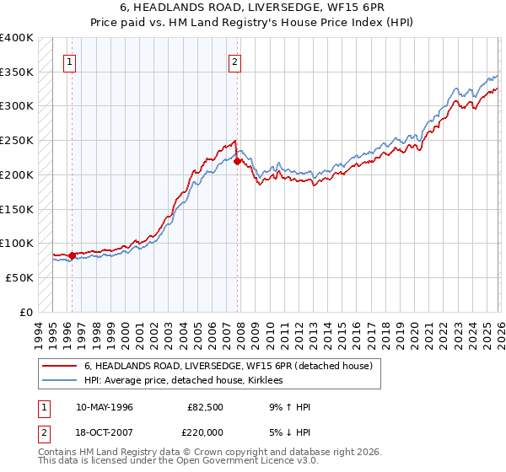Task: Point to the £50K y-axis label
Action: coord(19,276)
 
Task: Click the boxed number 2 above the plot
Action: coord(235,61)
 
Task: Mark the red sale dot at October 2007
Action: coord(237,161)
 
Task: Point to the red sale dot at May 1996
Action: coord(72,255)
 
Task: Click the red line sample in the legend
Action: coord(60,367)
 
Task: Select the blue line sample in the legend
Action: coord(60,381)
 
